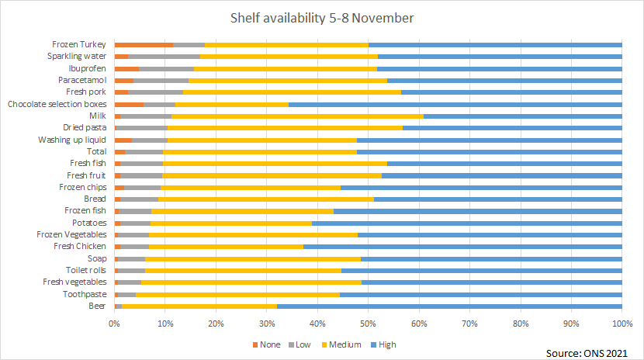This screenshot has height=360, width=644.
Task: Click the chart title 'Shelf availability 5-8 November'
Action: point(321,17)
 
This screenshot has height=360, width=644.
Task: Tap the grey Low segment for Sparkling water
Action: point(164,57)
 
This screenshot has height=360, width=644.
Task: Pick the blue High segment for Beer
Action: point(449,306)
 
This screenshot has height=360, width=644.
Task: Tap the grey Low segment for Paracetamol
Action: point(161,80)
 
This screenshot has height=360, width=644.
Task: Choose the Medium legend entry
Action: point(345,344)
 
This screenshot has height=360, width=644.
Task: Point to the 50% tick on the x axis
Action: point(368,323)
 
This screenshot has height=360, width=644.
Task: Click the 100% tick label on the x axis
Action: point(621,323)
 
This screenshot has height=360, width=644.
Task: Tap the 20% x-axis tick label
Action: point(216,323)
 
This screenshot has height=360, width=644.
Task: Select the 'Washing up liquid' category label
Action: point(72,140)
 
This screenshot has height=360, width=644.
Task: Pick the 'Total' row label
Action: point(97,151)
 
